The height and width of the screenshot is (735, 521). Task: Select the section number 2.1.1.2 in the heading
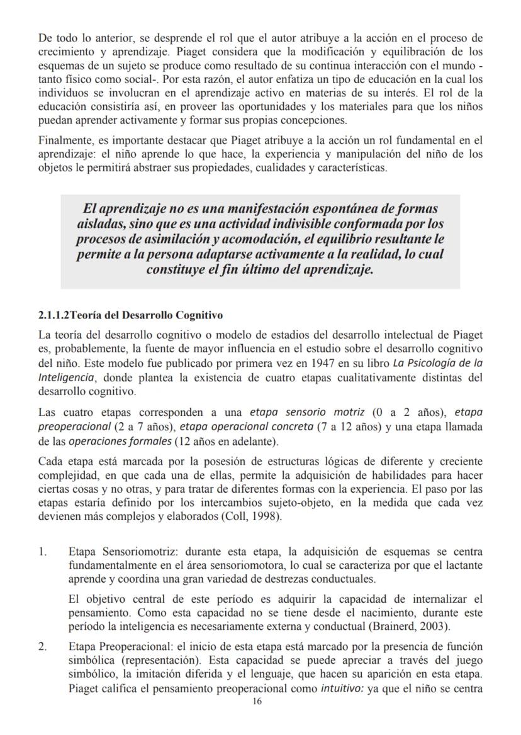(x=54, y=315)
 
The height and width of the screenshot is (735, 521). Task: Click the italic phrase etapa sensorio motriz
(x=306, y=413)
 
